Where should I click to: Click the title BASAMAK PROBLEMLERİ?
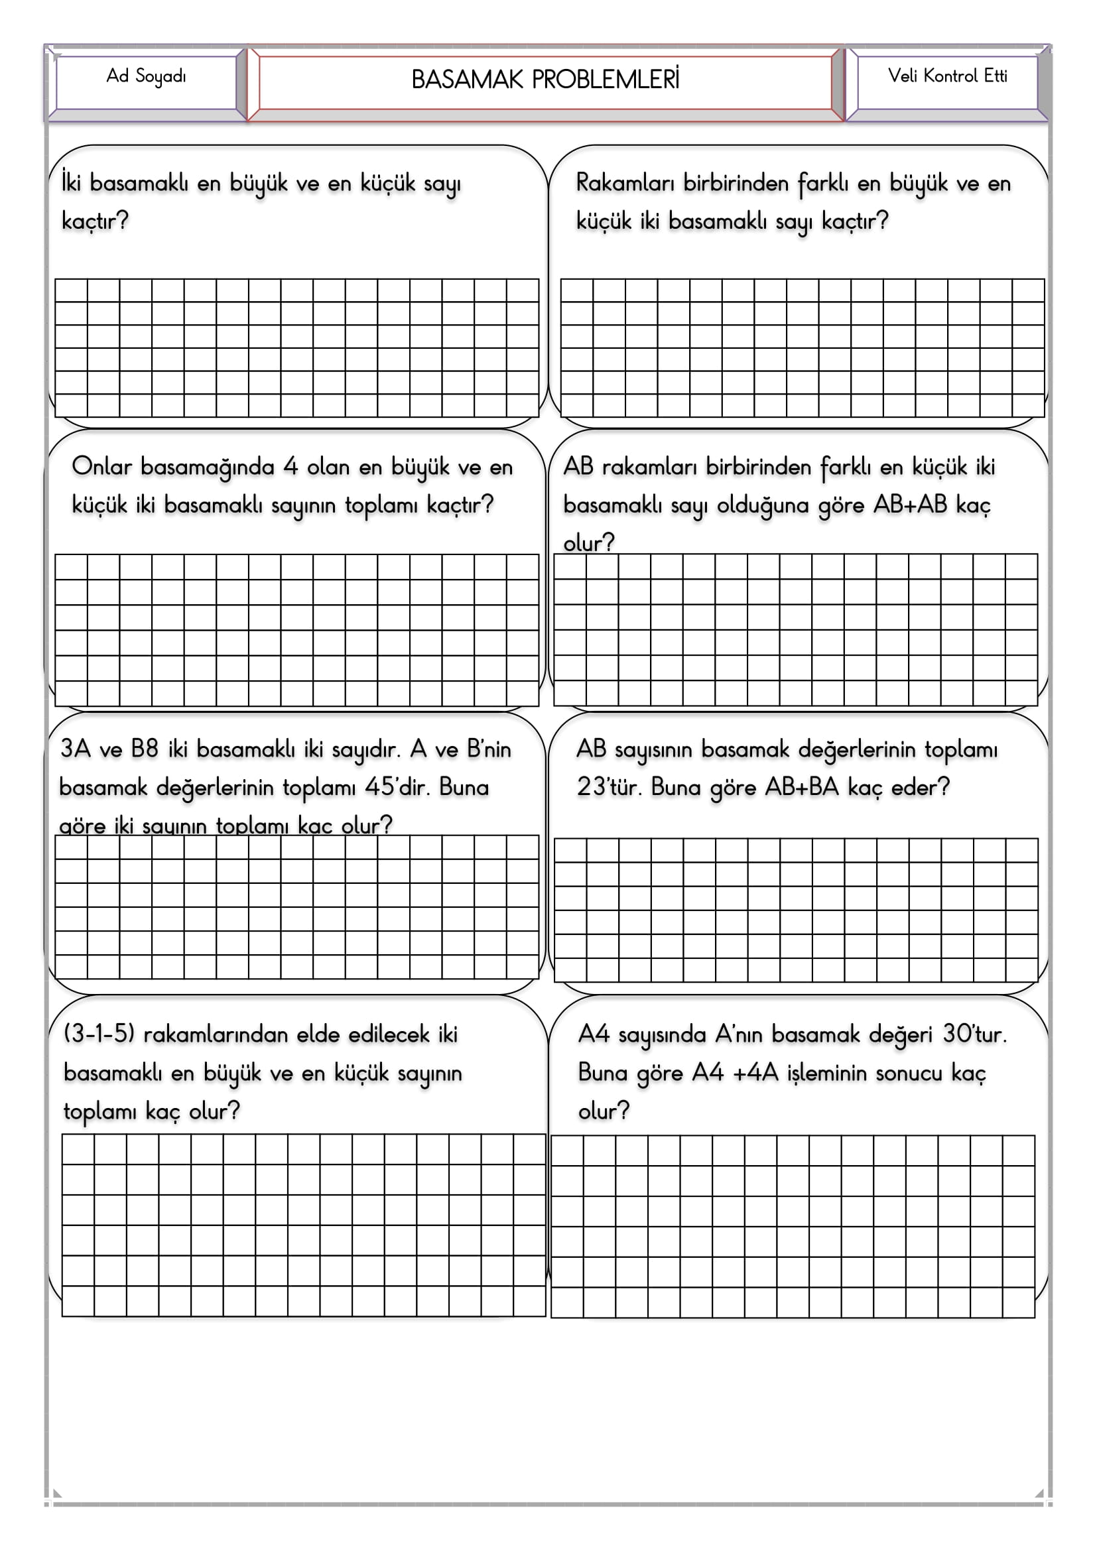click(x=545, y=80)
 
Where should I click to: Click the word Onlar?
click(x=101, y=466)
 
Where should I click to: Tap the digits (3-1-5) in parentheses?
click(x=99, y=1034)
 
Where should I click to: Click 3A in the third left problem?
click(x=75, y=749)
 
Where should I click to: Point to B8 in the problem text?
click(x=145, y=749)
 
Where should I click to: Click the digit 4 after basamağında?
click(x=290, y=466)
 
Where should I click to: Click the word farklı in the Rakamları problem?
click(x=822, y=183)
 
